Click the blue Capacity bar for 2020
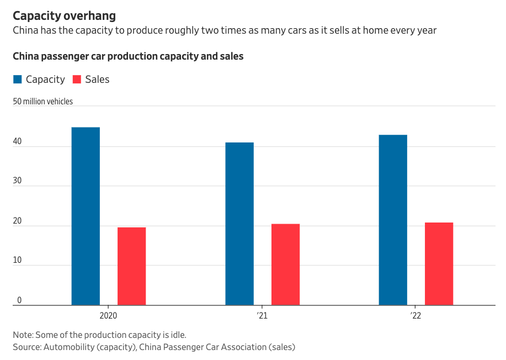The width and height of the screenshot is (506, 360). coord(86,216)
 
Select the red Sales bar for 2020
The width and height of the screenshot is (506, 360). coord(131,266)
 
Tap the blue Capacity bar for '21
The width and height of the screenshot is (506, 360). coord(239,224)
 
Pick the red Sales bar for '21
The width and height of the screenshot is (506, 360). coord(285,264)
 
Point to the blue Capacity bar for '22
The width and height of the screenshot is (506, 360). coord(393,220)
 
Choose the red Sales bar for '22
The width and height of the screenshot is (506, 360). coord(439,264)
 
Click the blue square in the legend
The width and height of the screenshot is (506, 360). coord(18,80)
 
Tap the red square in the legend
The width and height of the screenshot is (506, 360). coord(77,80)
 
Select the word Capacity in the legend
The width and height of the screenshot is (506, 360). coord(45,80)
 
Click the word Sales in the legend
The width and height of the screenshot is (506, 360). coord(97,80)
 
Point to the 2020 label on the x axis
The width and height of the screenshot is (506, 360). coord(108,316)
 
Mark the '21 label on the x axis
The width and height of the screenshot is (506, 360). coord(262,316)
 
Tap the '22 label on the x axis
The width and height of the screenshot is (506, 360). coord(416,316)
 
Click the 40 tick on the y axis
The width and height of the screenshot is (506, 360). coord(18,142)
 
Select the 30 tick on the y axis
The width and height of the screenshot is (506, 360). coord(18,182)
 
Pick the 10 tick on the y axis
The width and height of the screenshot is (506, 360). coord(18,261)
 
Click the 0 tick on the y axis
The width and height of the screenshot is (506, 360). coord(19,300)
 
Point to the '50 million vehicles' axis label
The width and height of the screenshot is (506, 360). coord(43,102)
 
